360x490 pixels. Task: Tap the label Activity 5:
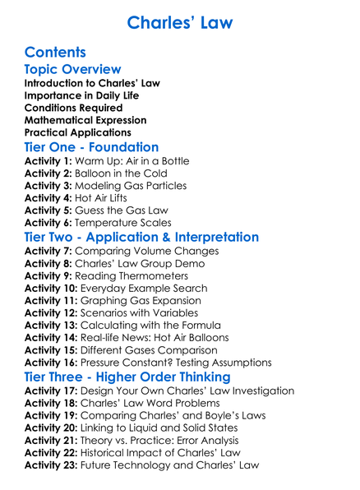coord(48,210)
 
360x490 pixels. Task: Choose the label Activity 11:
coord(52,301)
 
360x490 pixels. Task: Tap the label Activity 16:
coord(52,363)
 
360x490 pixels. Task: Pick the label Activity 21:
coord(52,441)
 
